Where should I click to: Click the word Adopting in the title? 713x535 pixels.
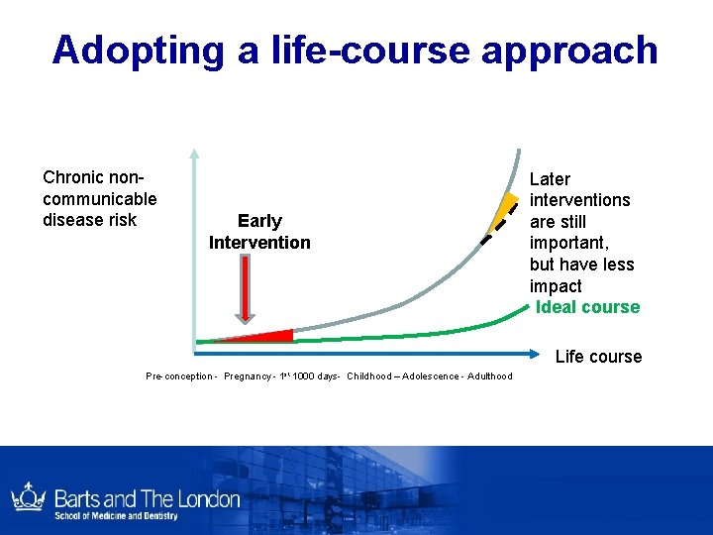(x=139, y=50)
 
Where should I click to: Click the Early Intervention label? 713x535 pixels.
(x=259, y=232)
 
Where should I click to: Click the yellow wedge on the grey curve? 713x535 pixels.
(x=506, y=210)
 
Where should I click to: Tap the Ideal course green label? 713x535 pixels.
(x=587, y=307)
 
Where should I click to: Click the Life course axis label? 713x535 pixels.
(x=598, y=357)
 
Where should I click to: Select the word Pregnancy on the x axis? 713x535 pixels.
(x=249, y=376)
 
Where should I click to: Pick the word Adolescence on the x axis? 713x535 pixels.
(x=430, y=376)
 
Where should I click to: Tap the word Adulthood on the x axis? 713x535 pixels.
(x=489, y=376)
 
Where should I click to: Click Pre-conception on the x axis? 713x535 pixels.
(x=179, y=376)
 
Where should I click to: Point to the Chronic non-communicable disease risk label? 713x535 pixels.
(x=99, y=198)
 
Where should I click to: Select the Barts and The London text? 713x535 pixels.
(x=147, y=497)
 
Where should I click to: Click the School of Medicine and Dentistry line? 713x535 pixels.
(x=117, y=516)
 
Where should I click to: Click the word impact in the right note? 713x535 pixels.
(x=556, y=286)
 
